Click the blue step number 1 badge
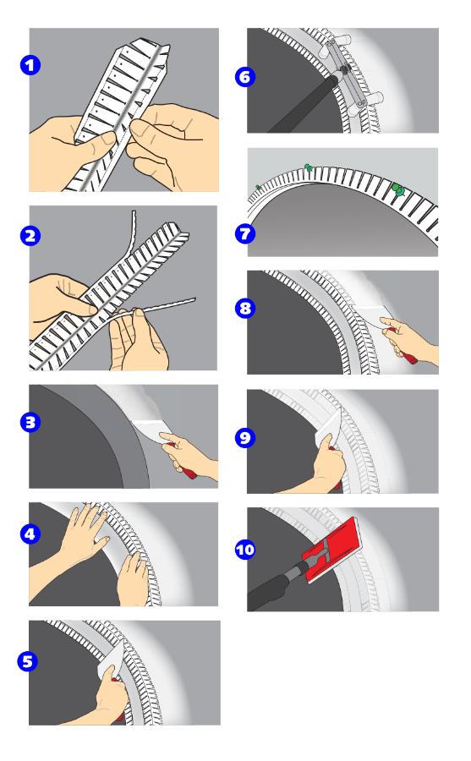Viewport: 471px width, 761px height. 30,65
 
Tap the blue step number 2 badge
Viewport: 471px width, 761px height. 30,236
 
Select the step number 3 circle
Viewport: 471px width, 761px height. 30,422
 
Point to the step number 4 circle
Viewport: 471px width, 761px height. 30,534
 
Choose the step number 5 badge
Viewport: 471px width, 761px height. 28,661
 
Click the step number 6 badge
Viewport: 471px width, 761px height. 245,77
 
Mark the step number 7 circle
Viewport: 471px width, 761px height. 245,234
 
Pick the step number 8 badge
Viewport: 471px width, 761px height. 245,308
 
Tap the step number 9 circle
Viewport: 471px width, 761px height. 245,438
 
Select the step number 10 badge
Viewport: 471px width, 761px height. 245,550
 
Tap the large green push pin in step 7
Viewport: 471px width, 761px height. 398,189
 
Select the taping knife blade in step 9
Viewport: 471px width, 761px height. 330,427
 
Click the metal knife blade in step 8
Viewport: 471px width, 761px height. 373,316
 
